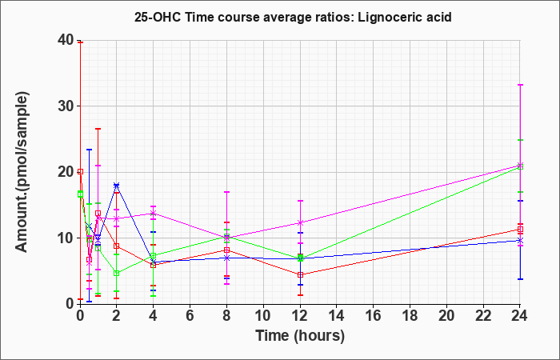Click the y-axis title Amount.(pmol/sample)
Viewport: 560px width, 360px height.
pos(22,172)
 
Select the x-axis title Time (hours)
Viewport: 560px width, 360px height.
pos(300,336)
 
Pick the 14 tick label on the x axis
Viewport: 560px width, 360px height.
pos(337,316)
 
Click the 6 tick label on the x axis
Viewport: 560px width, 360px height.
pos(190,316)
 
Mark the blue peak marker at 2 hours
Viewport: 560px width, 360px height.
pos(117,186)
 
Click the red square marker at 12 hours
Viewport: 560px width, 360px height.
pos(300,274)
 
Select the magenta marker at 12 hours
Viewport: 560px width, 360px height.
pos(300,222)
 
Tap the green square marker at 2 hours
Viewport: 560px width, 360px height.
pos(117,274)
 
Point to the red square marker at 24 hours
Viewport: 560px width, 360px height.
pos(520,230)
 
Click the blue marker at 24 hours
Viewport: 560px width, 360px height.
pos(520,240)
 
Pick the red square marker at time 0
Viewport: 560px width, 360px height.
pos(80,172)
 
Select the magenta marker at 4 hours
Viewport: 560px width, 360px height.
pos(154,214)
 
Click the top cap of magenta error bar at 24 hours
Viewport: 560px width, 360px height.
pos(520,85)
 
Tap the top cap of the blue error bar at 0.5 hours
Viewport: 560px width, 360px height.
pos(90,150)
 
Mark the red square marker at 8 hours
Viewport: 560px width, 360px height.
pos(226,250)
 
